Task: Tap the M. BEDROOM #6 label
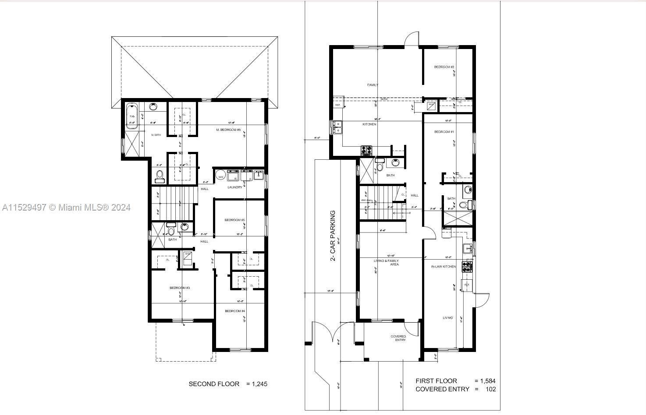coord(228,130)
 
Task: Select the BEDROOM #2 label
coord(444,67)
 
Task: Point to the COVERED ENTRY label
coord(398,338)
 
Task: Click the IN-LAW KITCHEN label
coord(443,267)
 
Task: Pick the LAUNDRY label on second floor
coord(235,187)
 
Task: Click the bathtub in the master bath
coord(132,116)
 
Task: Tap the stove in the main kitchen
coord(366,150)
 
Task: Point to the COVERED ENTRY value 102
coord(491,389)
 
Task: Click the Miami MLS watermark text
coord(66,207)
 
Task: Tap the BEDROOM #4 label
coord(235,311)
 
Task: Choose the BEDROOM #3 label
coord(180,288)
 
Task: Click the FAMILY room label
coord(373,85)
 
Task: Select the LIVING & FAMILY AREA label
coord(386,263)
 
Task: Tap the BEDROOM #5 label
coord(234,220)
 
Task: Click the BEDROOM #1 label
coord(444,132)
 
